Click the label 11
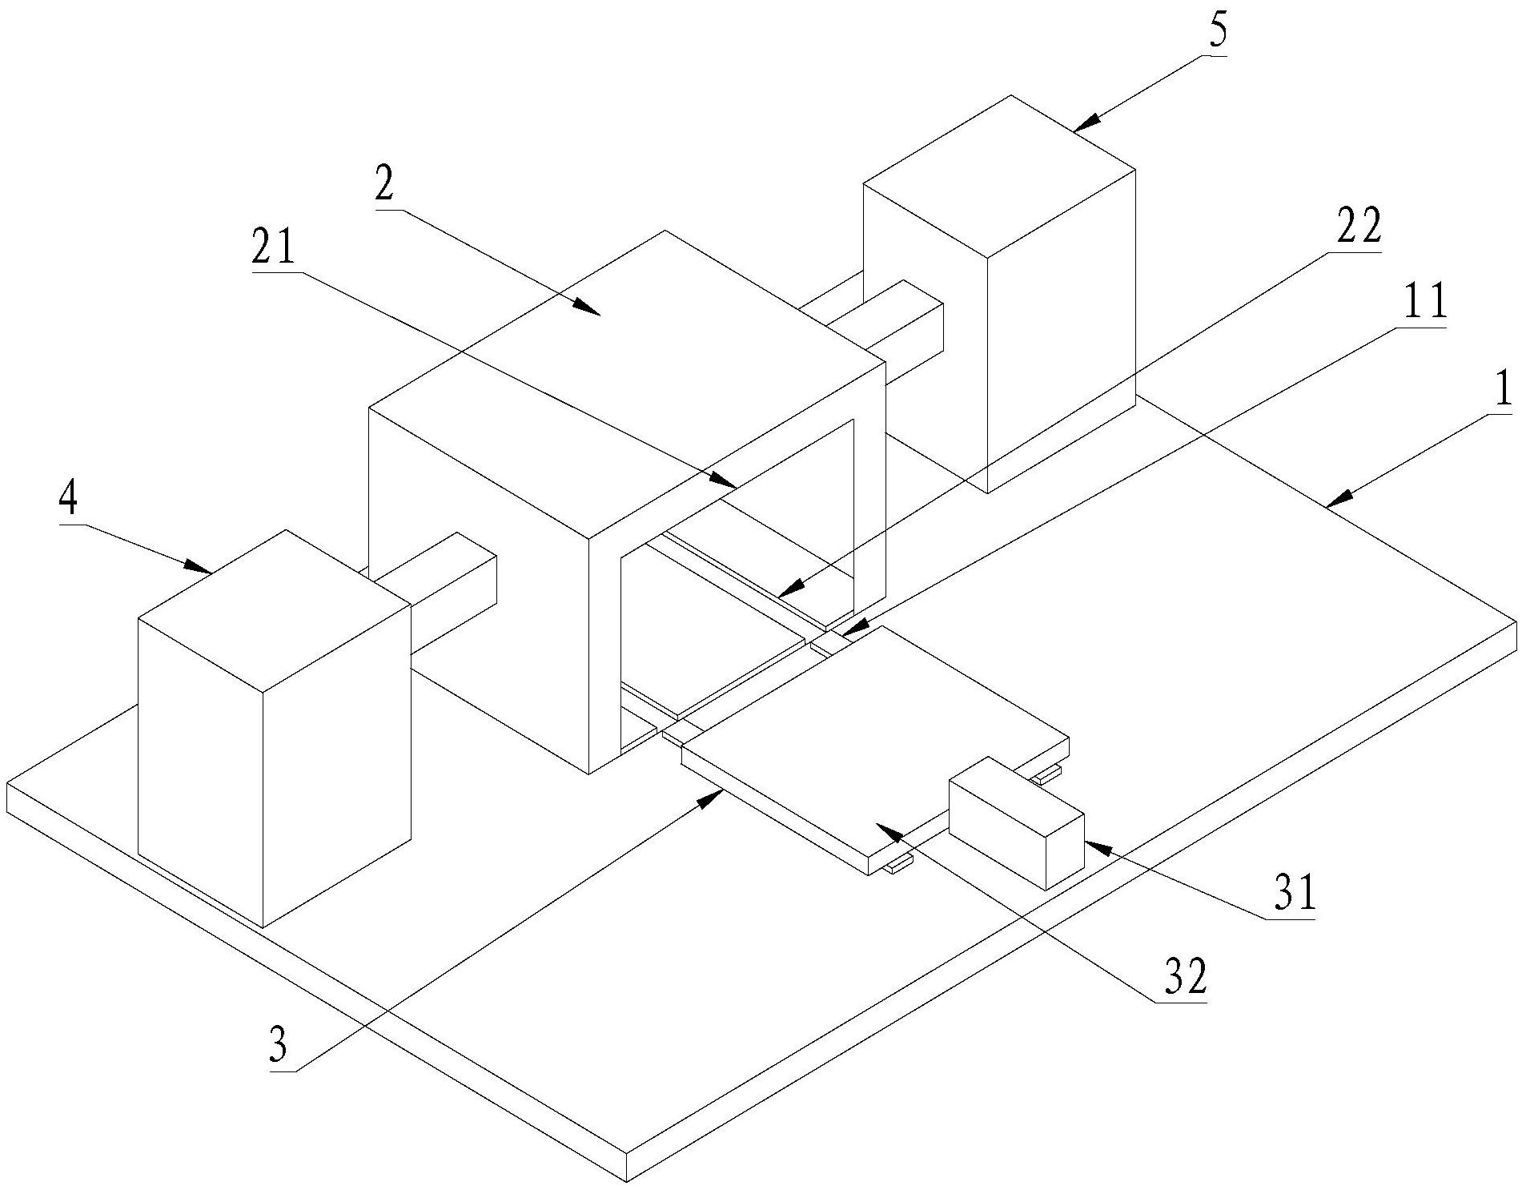[1426, 303]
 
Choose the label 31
[1295, 895]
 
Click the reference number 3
[277, 1046]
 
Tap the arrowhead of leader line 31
[1090, 846]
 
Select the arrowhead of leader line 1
[1332, 501]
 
